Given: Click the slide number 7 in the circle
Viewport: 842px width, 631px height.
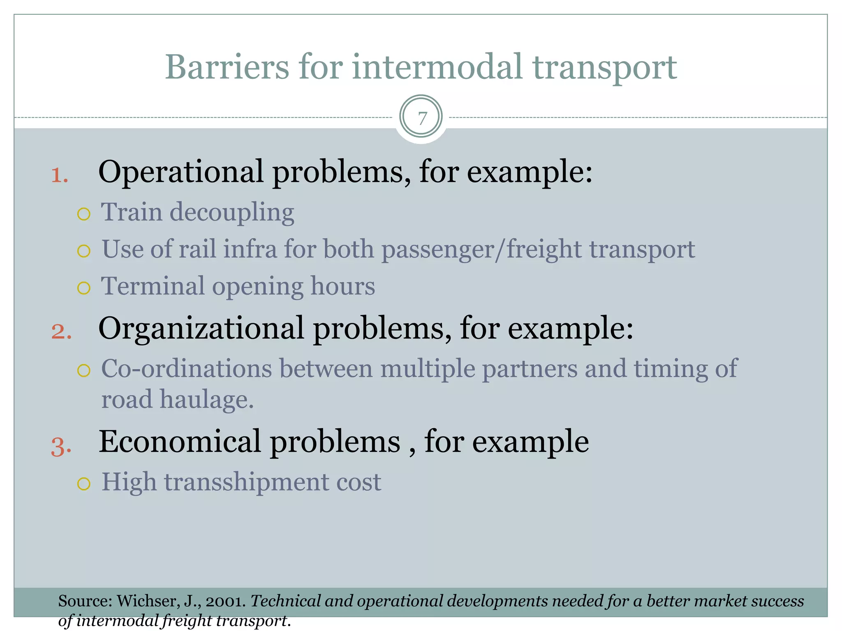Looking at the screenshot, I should coord(421,118).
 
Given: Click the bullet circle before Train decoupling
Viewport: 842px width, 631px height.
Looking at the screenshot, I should coord(83,214).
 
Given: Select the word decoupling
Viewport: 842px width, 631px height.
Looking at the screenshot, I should coord(232,213).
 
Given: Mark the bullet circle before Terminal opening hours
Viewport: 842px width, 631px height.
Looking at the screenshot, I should coord(83,288).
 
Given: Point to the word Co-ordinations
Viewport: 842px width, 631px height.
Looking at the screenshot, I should coord(186,368).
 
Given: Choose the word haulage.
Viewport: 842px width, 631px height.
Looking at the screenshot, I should coord(206,400).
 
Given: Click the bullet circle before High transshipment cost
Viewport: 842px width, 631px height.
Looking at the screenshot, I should coord(83,484).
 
